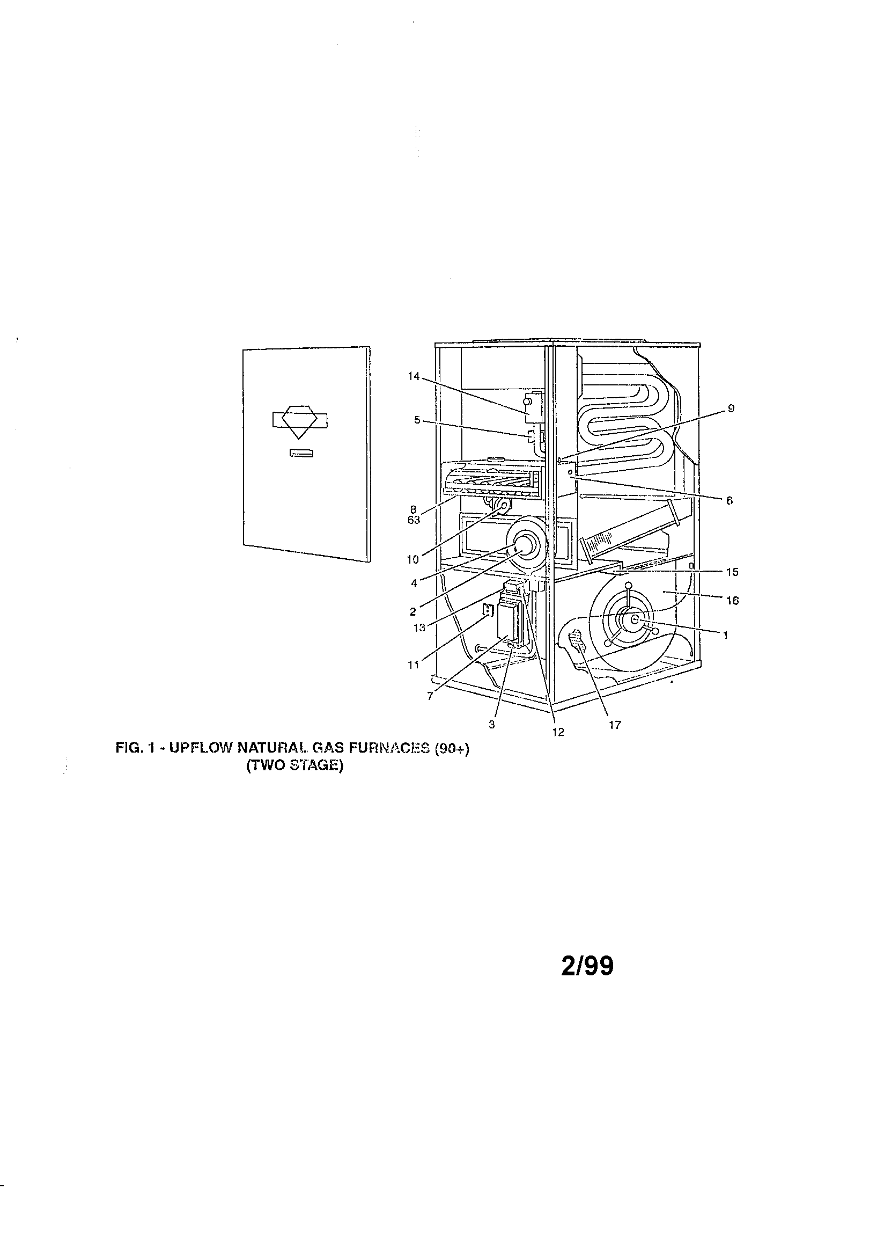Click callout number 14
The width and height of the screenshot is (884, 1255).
(x=414, y=376)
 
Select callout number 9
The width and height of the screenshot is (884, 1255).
(x=731, y=408)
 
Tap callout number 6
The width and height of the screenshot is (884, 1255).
(x=730, y=500)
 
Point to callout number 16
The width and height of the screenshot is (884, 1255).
(x=732, y=601)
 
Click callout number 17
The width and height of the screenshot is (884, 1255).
(x=615, y=725)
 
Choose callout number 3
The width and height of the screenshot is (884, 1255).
(x=492, y=725)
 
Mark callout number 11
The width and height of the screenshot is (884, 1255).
(x=414, y=665)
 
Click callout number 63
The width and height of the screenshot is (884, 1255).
(x=414, y=520)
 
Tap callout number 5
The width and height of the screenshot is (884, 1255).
(x=417, y=420)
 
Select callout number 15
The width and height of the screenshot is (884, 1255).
(x=732, y=572)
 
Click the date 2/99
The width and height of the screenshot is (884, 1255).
(x=587, y=966)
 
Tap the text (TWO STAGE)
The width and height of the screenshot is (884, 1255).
(x=294, y=766)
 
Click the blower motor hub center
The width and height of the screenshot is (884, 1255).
(x=634, y=618)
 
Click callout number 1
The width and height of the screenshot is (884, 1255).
(x=725, y=635)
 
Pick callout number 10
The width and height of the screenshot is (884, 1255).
(x=412, y=560)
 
